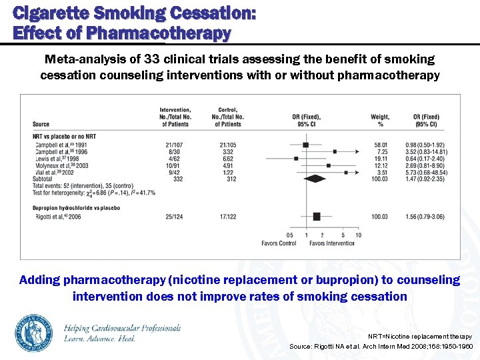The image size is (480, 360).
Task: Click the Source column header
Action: coord(41,124)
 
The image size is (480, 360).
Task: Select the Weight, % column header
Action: coord(381,121)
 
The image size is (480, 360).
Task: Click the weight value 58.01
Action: coord(381,145)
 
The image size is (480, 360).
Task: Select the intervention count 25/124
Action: coord(175,217)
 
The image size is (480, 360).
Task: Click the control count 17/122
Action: coord(227,217)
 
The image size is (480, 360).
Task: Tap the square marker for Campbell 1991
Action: coord(305,145)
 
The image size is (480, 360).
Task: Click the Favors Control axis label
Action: coord(279,243)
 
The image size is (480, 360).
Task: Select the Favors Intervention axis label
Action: coord(332,243)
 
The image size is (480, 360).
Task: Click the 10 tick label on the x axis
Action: coord(358,235)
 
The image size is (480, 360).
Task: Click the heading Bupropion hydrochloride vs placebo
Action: coord(77,207)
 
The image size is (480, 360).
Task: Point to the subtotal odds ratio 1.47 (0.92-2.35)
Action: coord(425,179)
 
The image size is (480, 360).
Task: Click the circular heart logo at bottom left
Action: coord(34,332)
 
